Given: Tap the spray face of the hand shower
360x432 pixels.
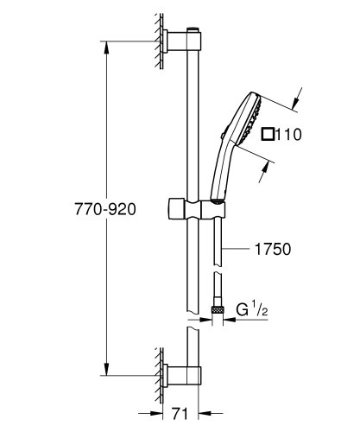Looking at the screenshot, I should coord(249,121).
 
